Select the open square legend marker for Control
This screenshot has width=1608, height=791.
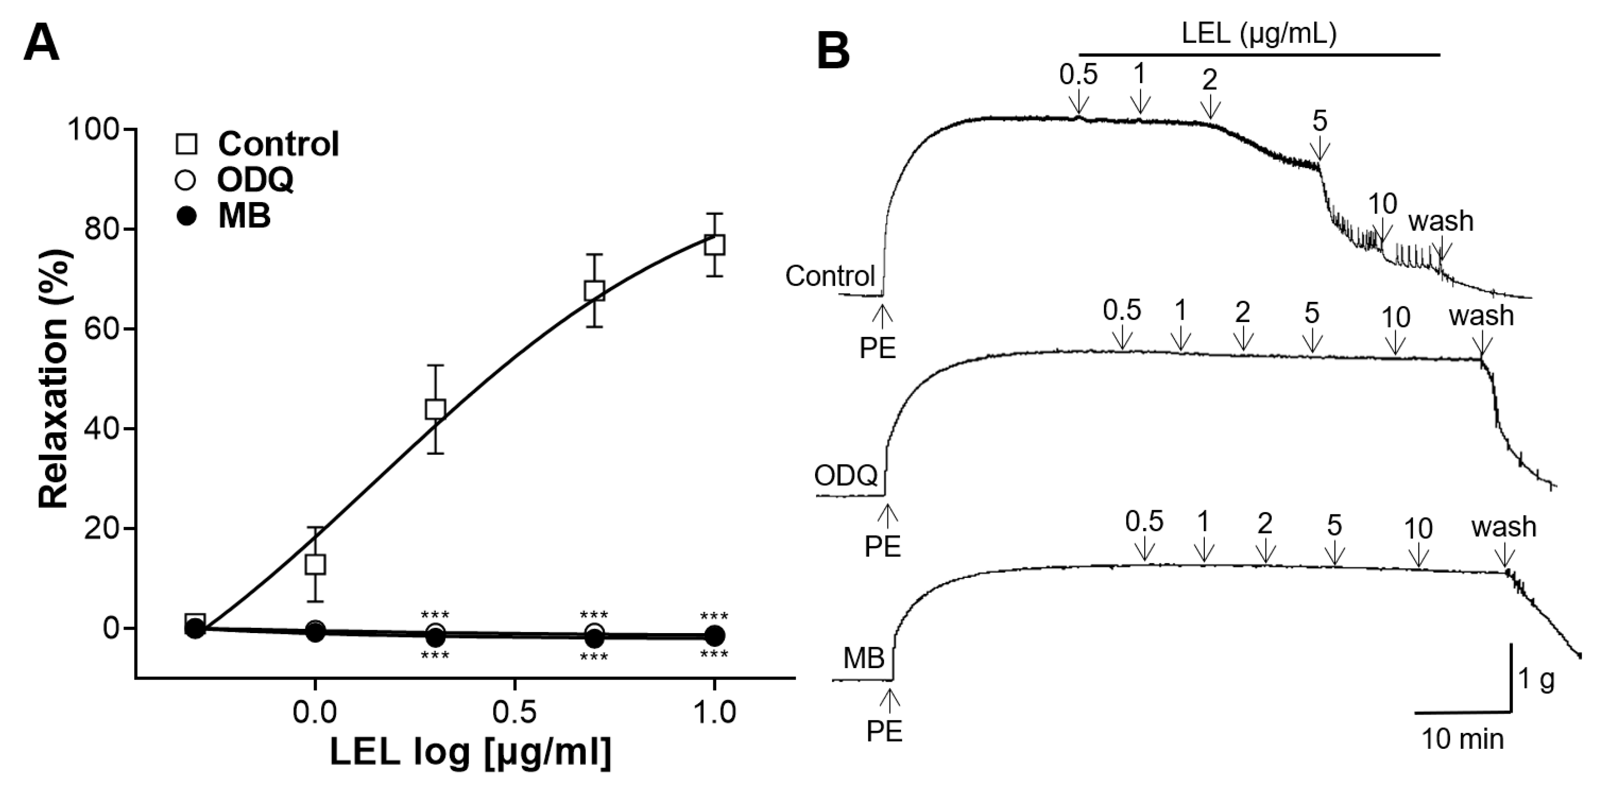(186, 144)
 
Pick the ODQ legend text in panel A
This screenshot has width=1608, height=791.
(255, 180)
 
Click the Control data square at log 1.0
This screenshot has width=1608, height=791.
(715, 244)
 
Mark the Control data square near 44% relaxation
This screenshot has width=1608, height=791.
(435, 409)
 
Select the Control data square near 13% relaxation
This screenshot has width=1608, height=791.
(315, 564)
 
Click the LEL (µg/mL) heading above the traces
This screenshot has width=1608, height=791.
(1259, 35)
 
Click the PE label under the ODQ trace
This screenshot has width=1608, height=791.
(883, 546)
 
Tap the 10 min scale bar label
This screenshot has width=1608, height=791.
(1463, 740)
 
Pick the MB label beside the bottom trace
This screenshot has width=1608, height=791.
(864, 658)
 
